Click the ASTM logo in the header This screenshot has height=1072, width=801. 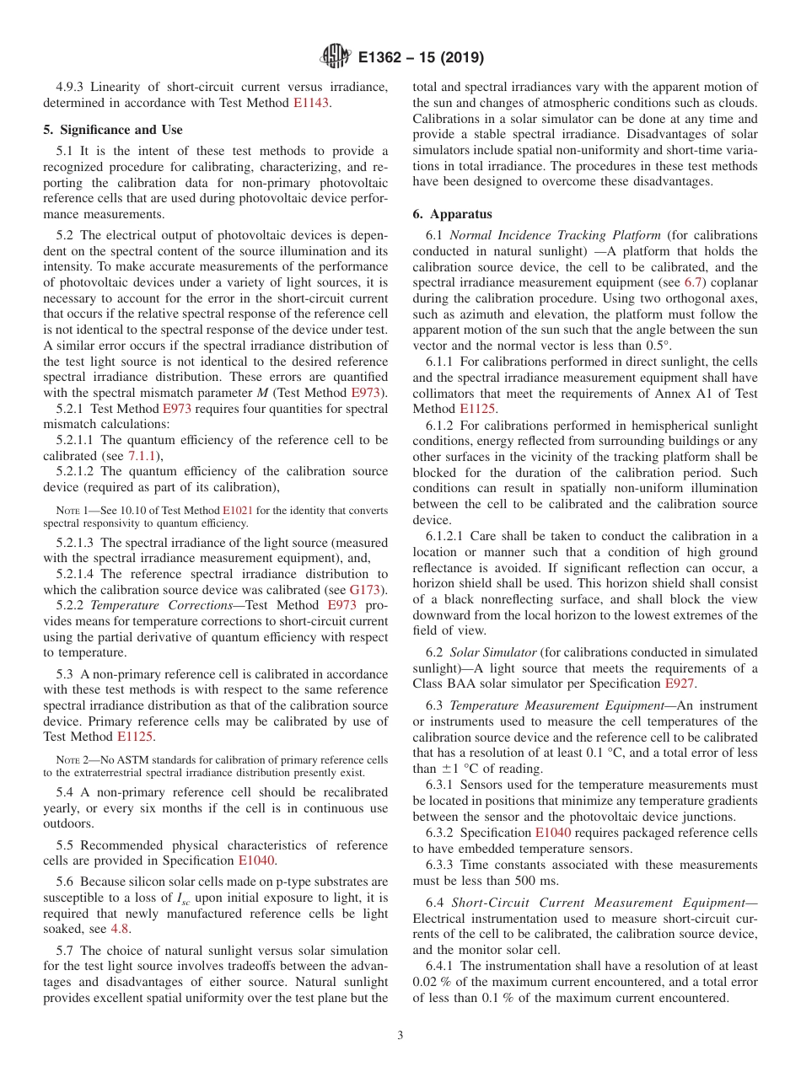[336, 58]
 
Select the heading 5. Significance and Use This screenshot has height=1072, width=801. [113, 130]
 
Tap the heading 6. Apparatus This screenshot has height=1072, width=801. [453, 214]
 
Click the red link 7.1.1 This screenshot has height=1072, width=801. [142, 456]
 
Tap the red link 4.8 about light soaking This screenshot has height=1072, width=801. [121, 929]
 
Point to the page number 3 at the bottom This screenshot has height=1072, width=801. [400, 1036]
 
